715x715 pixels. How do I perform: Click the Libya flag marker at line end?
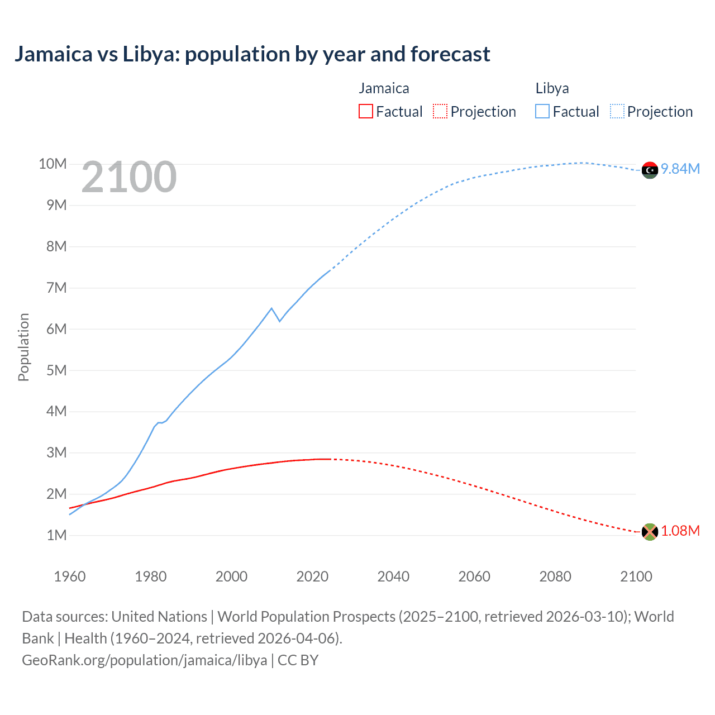coord(650,170)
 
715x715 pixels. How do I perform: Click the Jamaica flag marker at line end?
coord(650,532)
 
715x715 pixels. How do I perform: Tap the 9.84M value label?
coord(680,169)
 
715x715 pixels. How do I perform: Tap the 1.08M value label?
coord(680,531)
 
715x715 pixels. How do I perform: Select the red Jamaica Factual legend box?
coord(366,112)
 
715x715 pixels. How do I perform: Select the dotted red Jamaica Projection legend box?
coord(440,112)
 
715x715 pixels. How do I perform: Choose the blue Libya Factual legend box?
coord(542,112)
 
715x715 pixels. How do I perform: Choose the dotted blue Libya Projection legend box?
coord(617,112)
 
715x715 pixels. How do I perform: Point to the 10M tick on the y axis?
coord(53,164)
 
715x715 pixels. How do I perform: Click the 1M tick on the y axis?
coord(56,535)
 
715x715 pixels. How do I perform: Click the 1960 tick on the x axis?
coord(70,576)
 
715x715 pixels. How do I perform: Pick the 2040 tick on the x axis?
coord(393,576)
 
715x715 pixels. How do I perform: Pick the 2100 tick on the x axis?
coord(636,576)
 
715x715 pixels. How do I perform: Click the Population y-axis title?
coord(23,347)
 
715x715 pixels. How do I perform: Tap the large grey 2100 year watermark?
coord(129,177)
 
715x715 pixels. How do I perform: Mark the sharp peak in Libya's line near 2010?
coord(271,308)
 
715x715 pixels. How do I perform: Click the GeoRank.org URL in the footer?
coord(145,660)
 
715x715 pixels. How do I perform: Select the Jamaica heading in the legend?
coord(384,88)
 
